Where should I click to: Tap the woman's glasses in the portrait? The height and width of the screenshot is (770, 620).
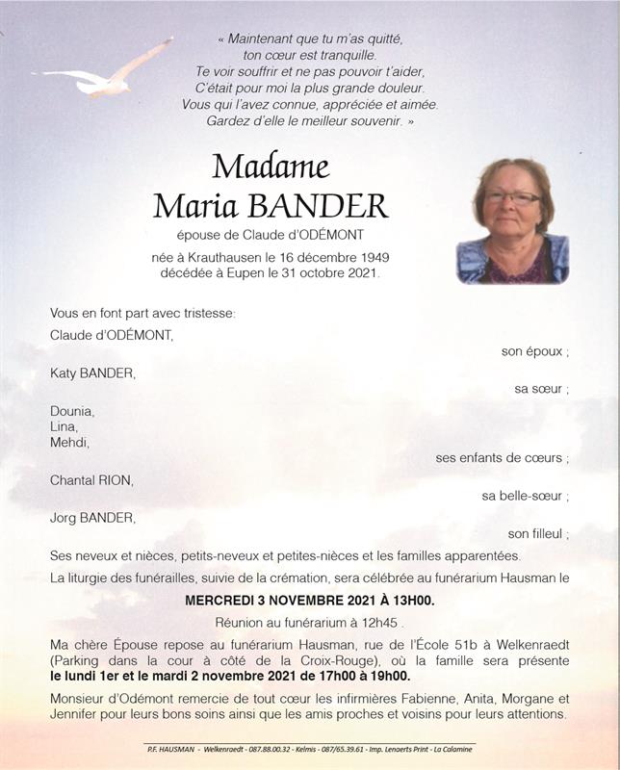(511, 197)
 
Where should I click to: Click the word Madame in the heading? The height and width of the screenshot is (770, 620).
(271, 167)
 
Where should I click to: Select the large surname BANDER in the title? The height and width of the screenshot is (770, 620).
(318, 206)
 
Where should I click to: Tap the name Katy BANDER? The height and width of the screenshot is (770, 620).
(92, 372)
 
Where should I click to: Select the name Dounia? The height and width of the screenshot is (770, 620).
(72, 411)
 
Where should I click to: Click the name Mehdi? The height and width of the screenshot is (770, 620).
(69, 442)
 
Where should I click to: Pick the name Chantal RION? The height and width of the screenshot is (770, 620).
(91, 479)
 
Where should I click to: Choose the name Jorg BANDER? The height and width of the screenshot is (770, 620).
(92, 518)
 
